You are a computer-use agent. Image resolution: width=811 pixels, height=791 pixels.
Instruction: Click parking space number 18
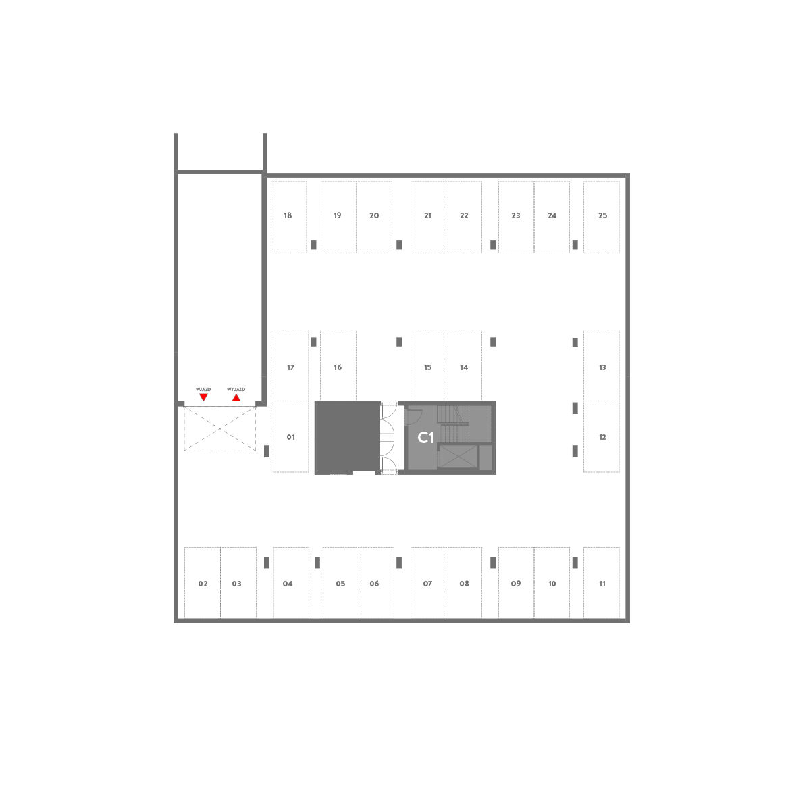[288, 217]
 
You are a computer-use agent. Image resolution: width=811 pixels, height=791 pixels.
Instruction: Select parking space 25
[602, 217]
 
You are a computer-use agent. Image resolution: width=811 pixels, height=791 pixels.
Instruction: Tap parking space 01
[290, 436]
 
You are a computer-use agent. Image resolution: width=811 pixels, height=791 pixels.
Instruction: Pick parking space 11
[602, 582]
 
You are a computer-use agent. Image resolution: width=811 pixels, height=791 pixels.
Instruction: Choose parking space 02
[203, 582]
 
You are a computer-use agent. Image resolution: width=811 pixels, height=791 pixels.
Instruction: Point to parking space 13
[602, 365]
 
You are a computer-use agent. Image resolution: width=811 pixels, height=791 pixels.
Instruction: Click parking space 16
[338, 365]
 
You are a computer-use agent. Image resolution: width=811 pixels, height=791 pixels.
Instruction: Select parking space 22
[464, 217]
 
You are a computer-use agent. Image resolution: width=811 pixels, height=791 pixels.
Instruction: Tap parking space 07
[428, 582]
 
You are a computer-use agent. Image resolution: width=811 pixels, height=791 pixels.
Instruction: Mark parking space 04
[291, 582]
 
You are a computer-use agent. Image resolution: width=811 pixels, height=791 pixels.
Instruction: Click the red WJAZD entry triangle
[203, 397]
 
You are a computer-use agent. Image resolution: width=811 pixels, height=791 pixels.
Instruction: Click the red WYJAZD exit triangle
[236, 397]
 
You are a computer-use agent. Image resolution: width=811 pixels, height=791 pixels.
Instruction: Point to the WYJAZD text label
[236, 390]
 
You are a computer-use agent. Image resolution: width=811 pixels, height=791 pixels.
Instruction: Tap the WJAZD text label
[203, 390]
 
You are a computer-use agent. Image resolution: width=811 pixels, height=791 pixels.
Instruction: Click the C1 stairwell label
[425, 438]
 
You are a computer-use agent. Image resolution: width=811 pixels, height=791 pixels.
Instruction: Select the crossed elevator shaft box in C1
[459, 456]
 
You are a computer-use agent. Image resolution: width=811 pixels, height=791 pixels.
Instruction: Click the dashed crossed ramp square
[219, 428]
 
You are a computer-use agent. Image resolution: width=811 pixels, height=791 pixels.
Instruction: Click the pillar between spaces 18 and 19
[313, 245]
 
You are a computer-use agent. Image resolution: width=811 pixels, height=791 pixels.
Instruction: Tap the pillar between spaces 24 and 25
[575, 245]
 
